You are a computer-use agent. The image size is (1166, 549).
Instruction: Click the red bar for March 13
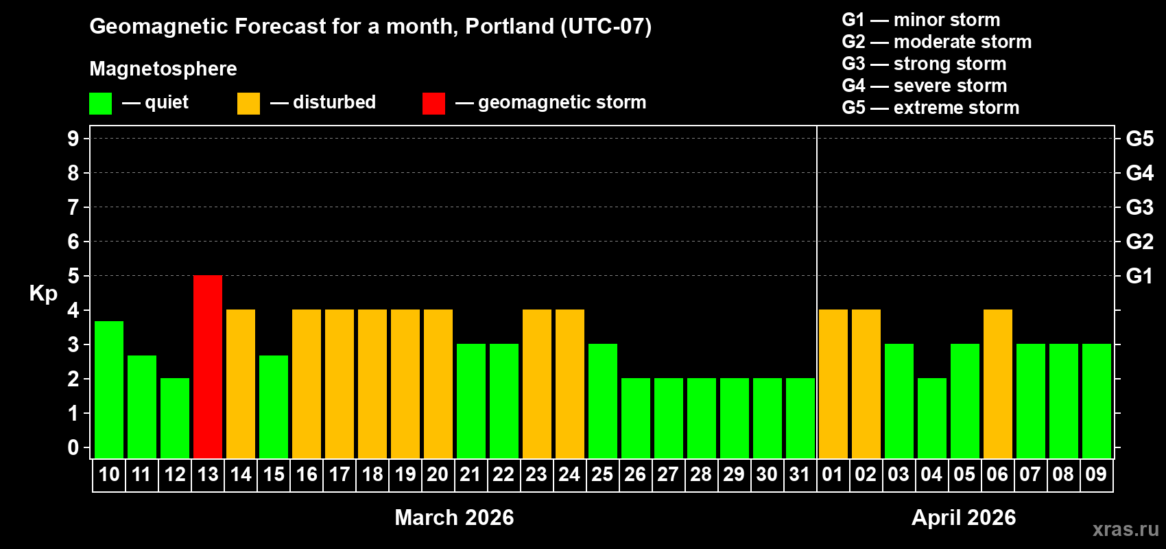tap(208, 366)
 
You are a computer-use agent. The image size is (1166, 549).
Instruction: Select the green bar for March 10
tap(109, 389)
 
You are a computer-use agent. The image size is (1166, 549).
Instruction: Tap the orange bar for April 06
tap(998, 384)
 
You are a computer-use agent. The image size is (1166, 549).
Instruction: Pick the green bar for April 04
tap(932, 418)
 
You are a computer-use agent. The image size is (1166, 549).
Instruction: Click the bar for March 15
tap(274, 406)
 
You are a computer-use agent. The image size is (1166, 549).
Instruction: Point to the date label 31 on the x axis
tap(800, 474)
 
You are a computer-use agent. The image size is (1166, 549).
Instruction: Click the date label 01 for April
tap(833, 474)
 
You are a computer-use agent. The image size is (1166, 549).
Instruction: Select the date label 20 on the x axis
tap(438, 474)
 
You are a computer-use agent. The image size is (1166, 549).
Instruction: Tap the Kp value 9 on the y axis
tap(73, 139)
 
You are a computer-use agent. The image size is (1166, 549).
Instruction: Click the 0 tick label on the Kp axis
tap(73, 447)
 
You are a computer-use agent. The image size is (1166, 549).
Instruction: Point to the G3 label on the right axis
tap(1139, 207)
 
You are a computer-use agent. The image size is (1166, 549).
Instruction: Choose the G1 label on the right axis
tap(1139, 276)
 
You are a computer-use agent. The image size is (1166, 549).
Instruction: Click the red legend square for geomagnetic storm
tap(433, 104)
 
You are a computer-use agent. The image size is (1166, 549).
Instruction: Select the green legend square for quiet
tap(101, 104)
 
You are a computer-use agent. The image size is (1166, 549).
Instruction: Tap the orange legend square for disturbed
tap(248, 104)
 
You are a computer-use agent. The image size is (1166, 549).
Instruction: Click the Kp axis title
tap(43, 293)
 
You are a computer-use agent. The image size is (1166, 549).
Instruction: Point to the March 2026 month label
tap(454, 517)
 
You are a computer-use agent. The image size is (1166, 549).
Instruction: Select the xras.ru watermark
tap(1126, 529)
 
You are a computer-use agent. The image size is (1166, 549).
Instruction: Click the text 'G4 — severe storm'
tap(925, 86)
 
